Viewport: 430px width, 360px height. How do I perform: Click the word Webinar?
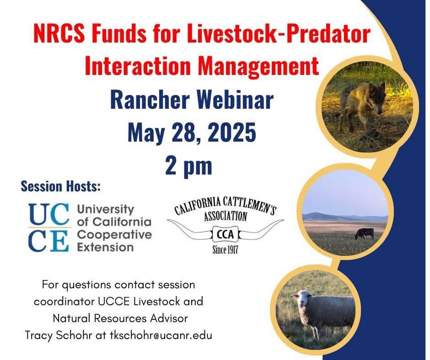click(234, 99)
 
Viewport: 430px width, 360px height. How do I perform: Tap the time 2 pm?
click(189, 166)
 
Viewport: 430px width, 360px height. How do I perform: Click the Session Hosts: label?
click(61, 186)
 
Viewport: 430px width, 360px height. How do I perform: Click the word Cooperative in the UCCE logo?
click(114, 234)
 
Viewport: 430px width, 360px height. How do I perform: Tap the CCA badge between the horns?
click(225, 234)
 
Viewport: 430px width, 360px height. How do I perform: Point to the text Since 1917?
click(225, 249)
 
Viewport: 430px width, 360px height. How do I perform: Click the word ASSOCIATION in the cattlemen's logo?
click(225, 216)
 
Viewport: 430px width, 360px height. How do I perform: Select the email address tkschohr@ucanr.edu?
click(161, 335)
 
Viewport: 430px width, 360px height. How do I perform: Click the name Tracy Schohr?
click(58, 335)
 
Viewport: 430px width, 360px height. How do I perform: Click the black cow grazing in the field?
click(364, 233)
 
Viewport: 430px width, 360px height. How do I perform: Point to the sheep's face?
click(302, 301)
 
